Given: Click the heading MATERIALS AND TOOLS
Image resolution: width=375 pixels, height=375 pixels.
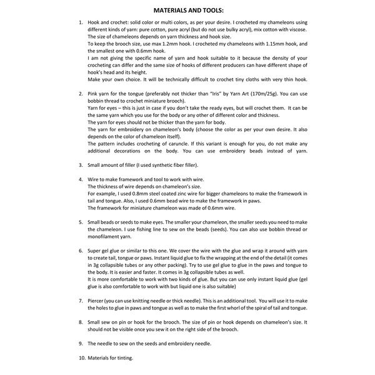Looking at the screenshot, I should [187, 9].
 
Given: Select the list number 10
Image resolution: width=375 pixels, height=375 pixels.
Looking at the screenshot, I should [81, 358].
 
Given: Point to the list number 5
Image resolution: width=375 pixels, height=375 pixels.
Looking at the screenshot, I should [81, 222].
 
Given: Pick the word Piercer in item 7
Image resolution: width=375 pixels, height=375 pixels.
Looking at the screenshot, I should [97, 301].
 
